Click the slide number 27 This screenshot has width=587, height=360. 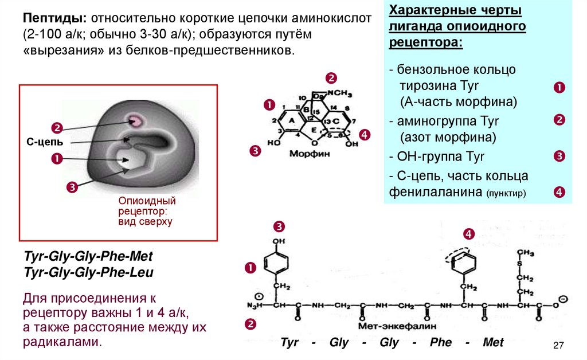coord(559,345)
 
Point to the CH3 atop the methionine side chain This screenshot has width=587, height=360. coord(525,253)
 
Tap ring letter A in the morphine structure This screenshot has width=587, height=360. coord(291,120)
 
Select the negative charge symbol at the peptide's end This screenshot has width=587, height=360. coord(563,299)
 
